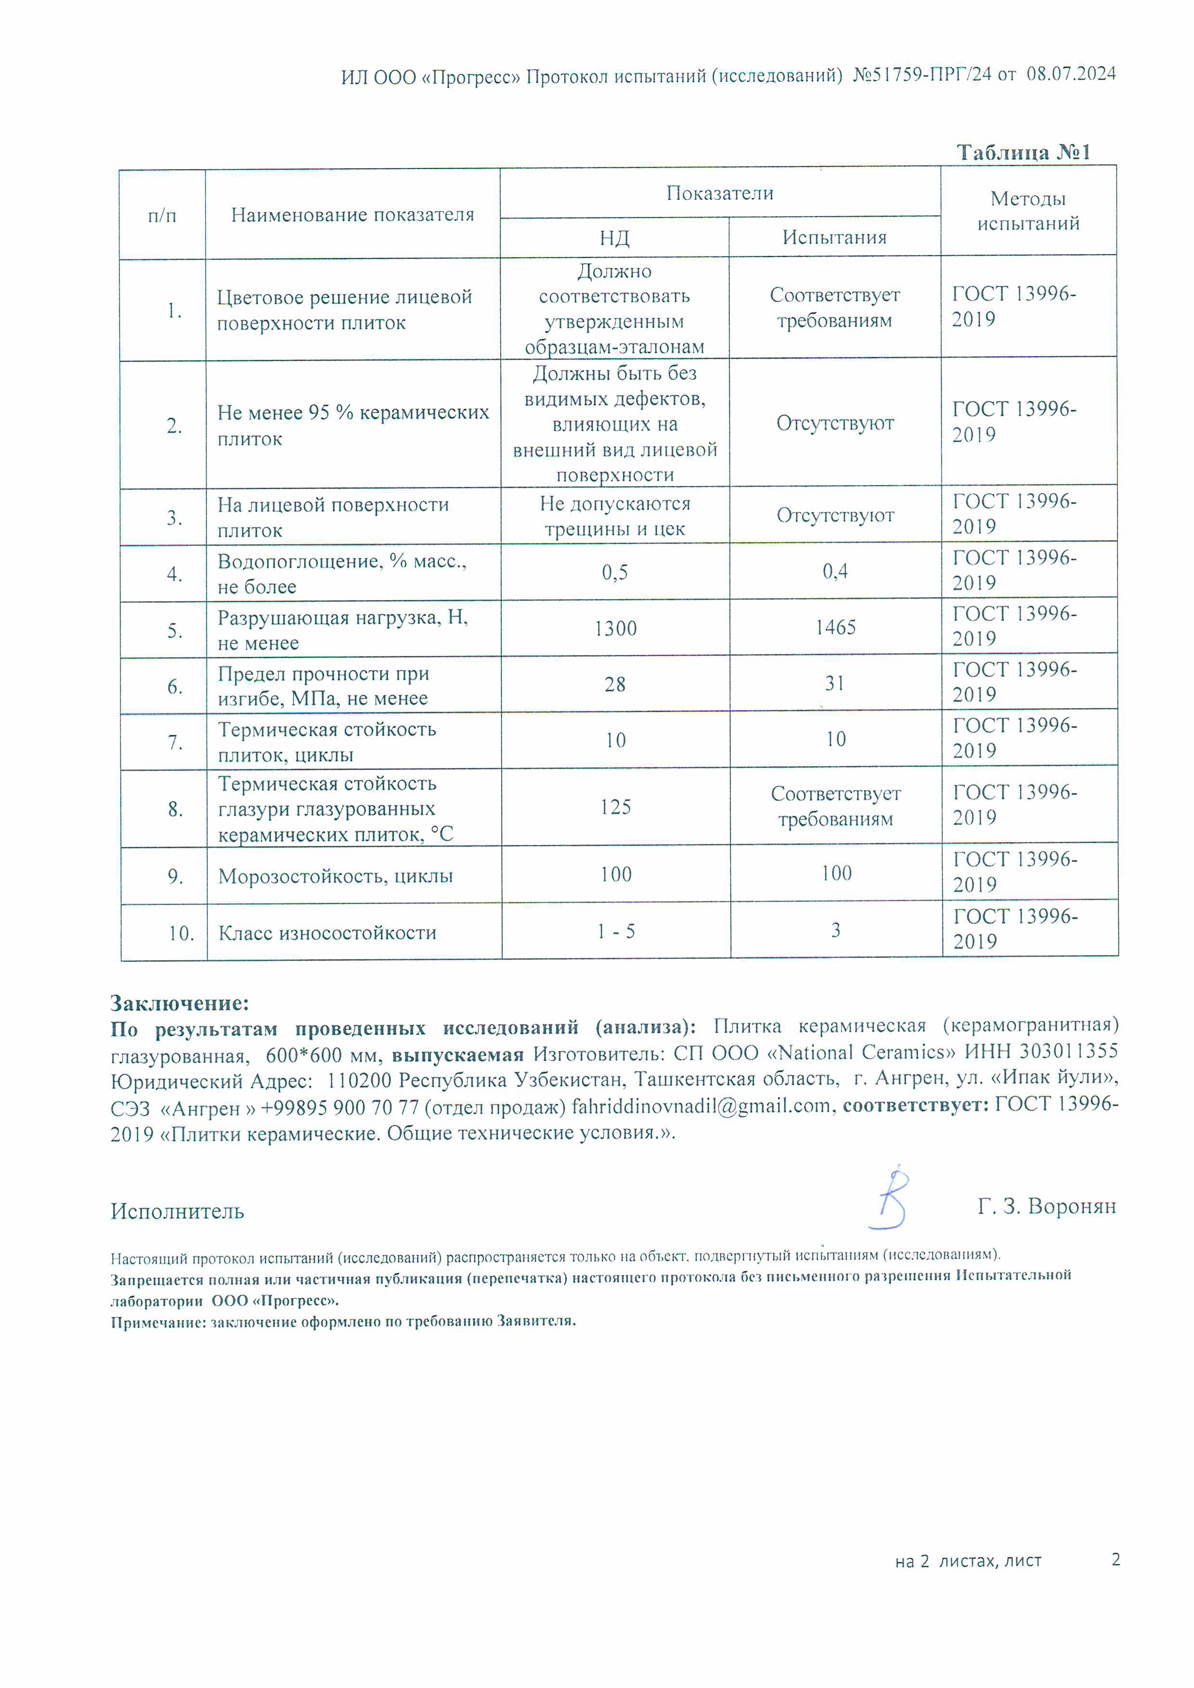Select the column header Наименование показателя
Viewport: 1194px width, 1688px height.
tap(352, 215)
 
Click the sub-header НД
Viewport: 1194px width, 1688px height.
tap(614, 238)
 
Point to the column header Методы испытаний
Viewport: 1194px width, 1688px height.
tap(1028, 211)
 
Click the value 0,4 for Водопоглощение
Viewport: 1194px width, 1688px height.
tap(835, 571)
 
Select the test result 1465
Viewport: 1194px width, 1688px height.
tap(835, 627)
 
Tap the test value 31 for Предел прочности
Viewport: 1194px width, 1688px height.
tap(835, 684)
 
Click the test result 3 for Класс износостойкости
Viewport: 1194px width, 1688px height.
tap(836, 930)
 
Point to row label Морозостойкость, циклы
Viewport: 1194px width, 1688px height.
tap(336, 876)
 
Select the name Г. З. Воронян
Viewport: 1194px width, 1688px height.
tap(1046, 1206)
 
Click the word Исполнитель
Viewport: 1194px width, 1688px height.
tap(177, 1211)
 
